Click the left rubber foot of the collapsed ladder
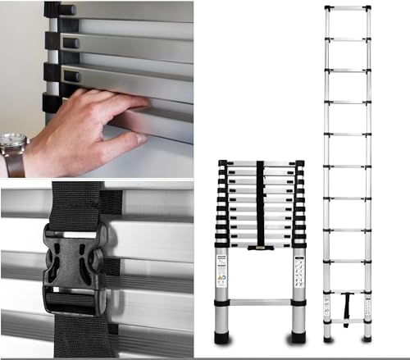[x=222, y=336]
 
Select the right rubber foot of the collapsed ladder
[x=298, y=336]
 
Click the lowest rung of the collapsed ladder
[x=260, y=302]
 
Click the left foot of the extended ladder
[x=327, y=337]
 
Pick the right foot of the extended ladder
[x=367, y=337]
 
